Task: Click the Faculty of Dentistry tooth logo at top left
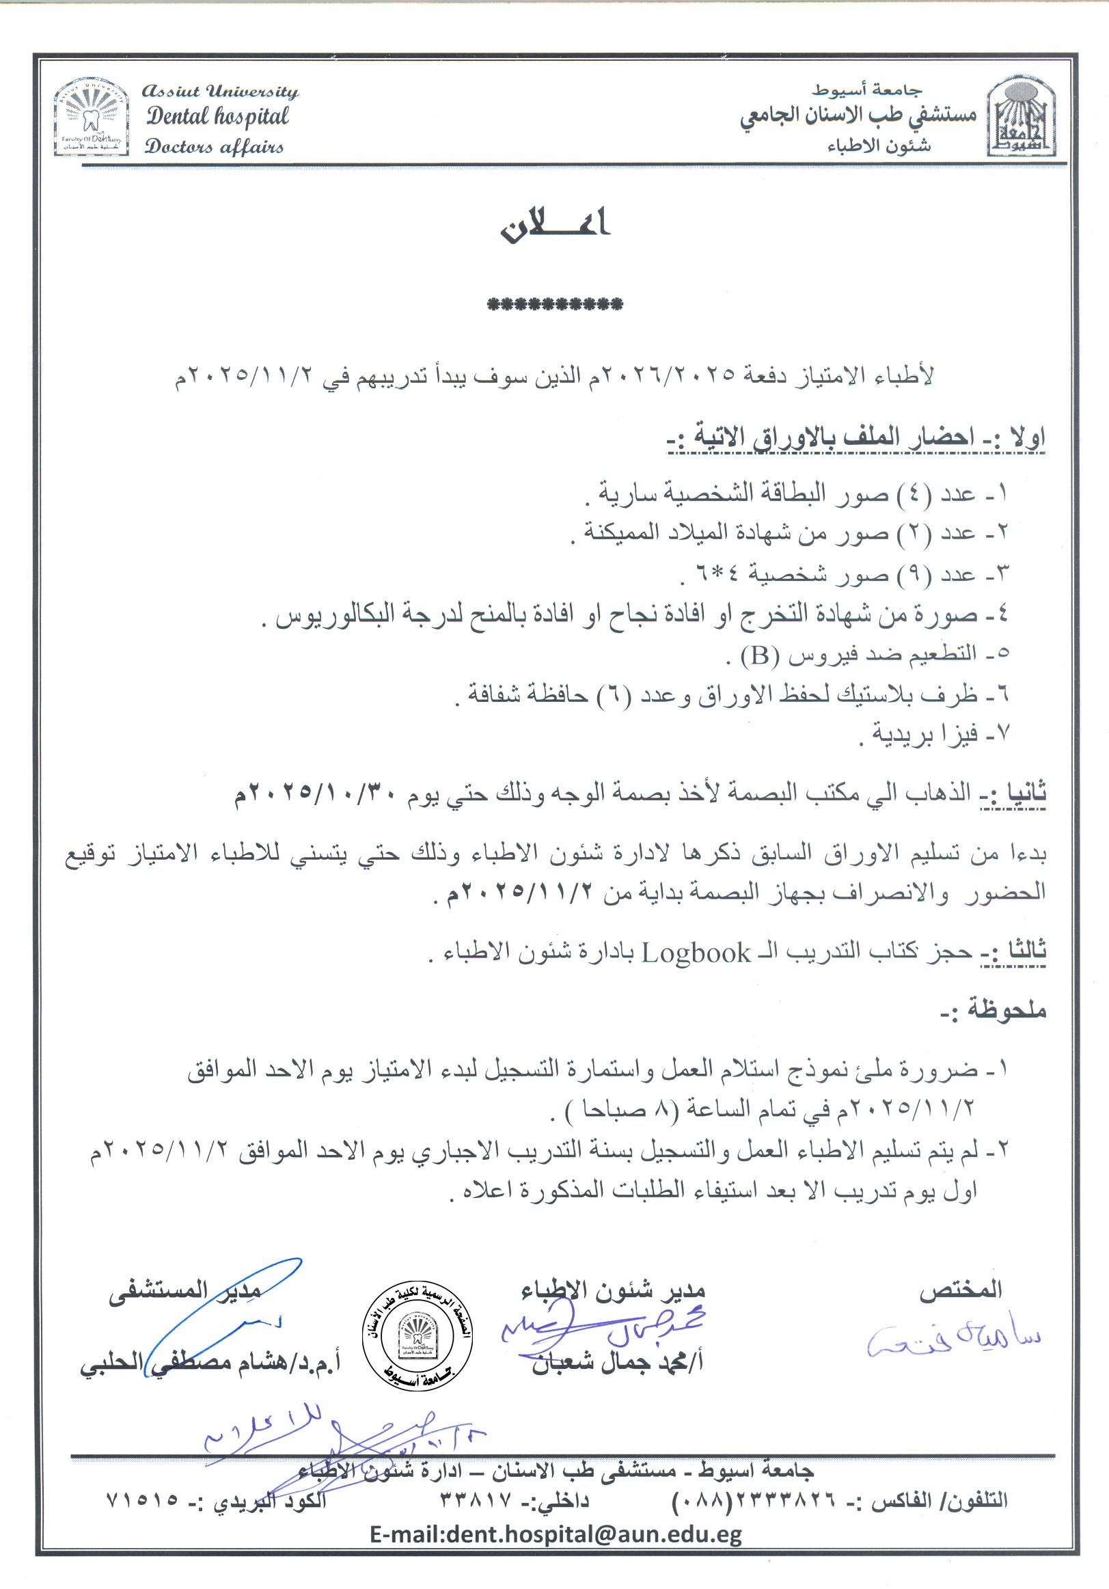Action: (x=92, y=117)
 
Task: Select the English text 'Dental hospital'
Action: (x=217, y=116)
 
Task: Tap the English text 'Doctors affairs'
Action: (x=214, y=147)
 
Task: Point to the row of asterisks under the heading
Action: (x=555, y=304)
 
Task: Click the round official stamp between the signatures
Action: (x=419, y=1337)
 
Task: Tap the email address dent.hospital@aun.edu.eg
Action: (x=556, y=1534)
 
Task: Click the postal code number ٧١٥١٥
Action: (x=142, y=1500)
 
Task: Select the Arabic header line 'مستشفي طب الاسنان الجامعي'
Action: (x=858, y=116)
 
